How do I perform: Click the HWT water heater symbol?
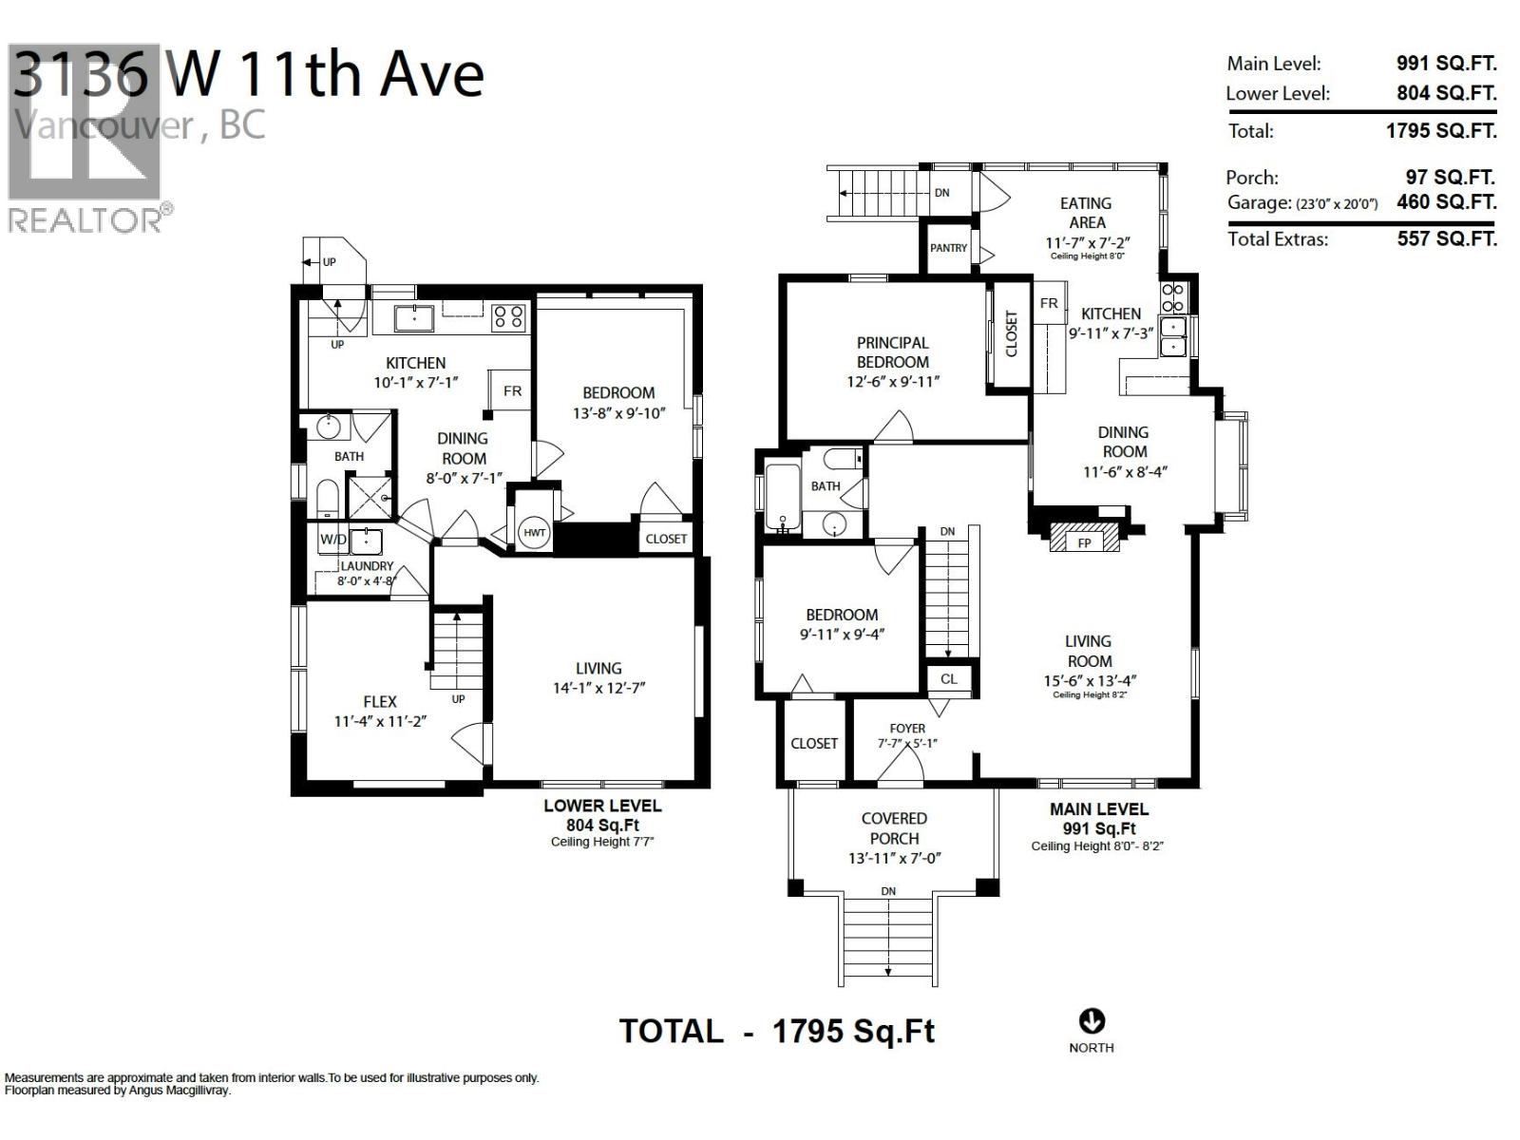[535, 533]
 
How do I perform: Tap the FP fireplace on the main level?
[1085, 542]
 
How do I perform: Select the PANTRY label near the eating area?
[948, 248]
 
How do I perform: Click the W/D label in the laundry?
[333, 540]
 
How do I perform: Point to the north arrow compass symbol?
[1092, 1021]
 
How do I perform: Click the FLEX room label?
[380, 701]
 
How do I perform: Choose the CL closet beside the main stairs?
[949, 678]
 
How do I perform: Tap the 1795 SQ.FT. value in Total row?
[1441, 130]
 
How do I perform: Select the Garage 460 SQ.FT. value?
[1446, 201]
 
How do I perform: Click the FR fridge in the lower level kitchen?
[512, 390]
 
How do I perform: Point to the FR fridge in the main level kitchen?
[1049, 304]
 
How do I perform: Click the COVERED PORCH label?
[894, 827]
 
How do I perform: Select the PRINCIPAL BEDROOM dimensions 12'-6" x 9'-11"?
[892, 382]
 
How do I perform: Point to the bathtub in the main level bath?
[784, 499]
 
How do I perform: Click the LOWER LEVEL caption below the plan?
[602, 806]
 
